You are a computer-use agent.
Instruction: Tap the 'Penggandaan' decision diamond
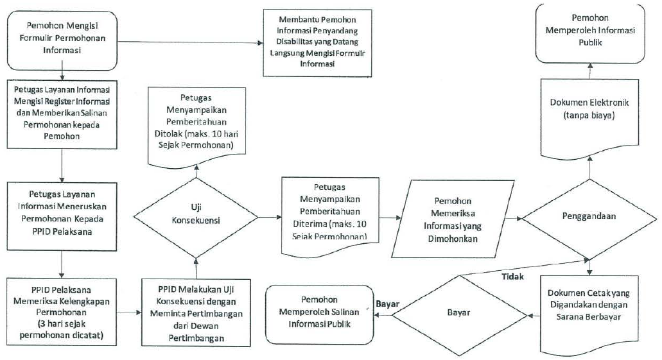[x=589, y=216]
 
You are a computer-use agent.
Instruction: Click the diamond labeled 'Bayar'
[x=458, y=314]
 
